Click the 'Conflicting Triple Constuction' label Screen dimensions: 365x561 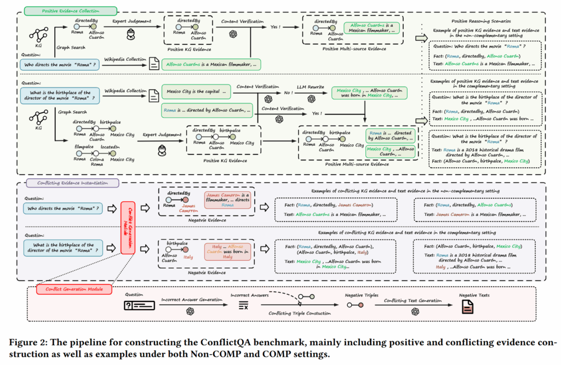pos(300,313)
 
